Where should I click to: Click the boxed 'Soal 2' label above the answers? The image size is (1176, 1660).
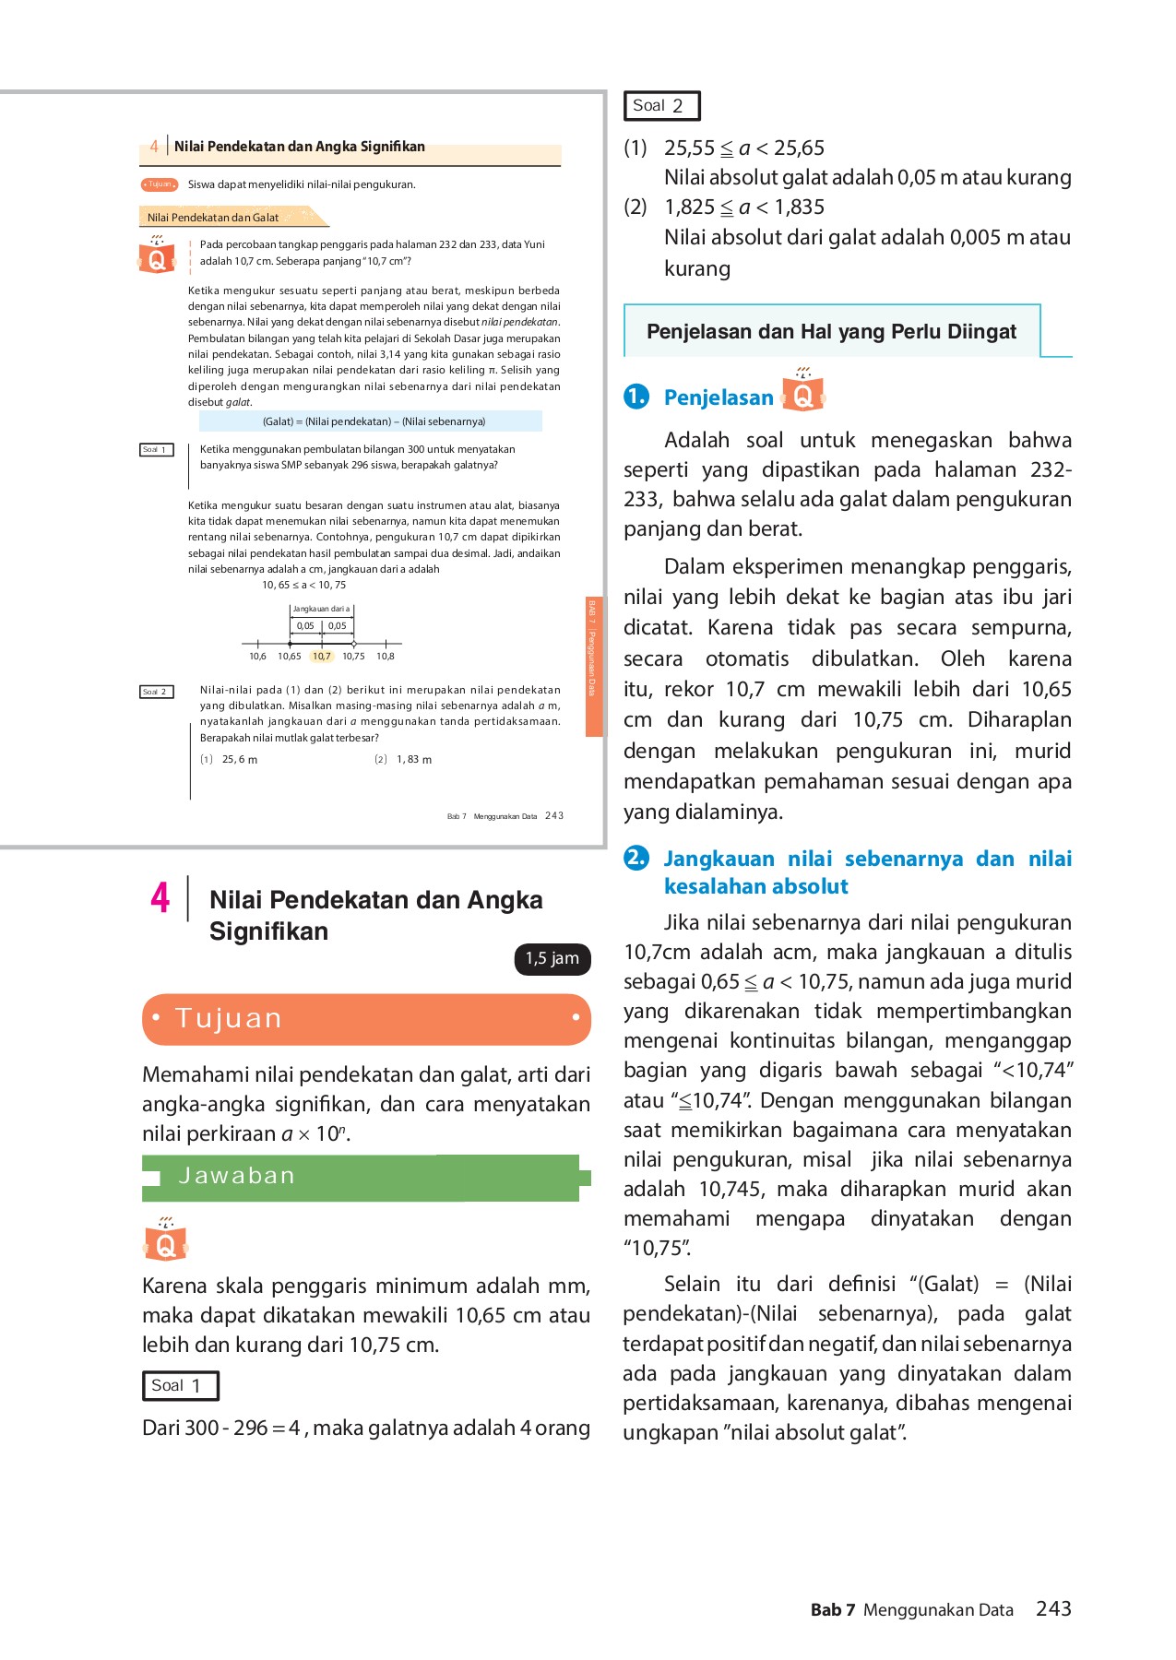coord(661,106)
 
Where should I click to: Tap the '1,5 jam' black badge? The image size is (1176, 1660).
coord(552,959)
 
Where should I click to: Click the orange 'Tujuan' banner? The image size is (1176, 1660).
coord(366,1019)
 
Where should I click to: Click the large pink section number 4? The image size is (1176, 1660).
coord(160,897)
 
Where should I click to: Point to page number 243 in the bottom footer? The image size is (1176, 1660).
coord(1053,1609)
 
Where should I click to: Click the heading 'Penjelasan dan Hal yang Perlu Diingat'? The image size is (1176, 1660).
coord(831,332)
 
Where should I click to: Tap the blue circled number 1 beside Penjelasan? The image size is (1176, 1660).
coord(636,397)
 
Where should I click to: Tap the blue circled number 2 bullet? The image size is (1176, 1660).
coord(636,858)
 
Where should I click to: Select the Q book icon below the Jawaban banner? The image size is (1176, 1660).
coord(166,1240)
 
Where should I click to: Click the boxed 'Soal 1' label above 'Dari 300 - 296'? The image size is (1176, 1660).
coord(180,1385)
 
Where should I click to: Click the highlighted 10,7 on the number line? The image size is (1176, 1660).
coord(321,657)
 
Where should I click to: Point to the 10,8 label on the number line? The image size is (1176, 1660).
coord(386,657)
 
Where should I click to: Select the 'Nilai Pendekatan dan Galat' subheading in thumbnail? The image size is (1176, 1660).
coord(214,218)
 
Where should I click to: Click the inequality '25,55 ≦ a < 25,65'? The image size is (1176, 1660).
coord(744,148)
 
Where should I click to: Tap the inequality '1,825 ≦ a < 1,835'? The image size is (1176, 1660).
coord(744,207)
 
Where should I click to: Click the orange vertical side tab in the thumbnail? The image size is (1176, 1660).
coord(593,666)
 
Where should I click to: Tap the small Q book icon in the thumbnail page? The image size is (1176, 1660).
coord(157,256)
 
